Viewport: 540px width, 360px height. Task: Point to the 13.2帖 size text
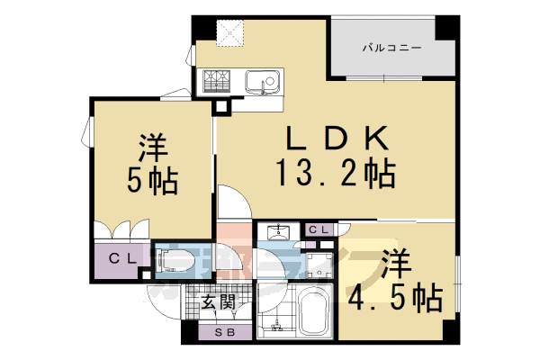click(337, 171)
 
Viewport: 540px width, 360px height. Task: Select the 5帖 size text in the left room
click(152, 180)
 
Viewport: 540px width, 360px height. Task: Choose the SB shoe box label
click(218, 334)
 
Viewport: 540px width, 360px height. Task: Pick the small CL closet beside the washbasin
click(319, 230)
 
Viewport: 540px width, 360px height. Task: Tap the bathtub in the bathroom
click(310, 313)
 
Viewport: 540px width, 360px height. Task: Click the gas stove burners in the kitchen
click(219, 84)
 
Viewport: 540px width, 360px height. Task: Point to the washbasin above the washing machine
click(280, 231)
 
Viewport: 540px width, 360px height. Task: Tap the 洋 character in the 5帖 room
click(152, 145)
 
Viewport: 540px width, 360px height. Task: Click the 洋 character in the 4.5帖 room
click(397, 263)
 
